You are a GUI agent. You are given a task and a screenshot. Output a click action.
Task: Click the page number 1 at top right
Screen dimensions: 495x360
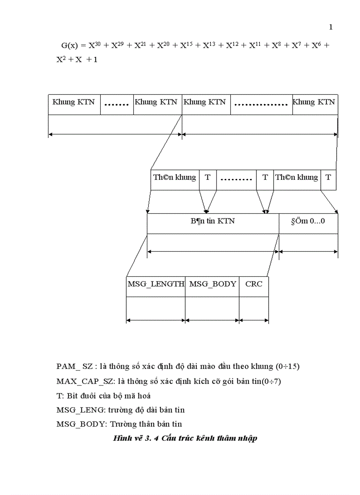331,27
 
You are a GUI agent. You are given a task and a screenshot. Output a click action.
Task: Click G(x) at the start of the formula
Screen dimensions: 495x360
69,45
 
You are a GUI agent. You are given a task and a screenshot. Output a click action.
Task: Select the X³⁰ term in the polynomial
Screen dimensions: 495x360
94,45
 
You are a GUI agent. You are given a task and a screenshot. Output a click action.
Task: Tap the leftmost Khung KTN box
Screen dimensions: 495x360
74,102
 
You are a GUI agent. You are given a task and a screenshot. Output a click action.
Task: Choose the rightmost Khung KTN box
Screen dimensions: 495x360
314,102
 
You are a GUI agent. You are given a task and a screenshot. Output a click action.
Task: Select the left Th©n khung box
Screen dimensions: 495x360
174,178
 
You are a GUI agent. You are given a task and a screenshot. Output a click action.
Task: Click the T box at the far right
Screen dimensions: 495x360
328,178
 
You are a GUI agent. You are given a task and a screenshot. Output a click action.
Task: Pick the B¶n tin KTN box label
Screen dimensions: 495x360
213,221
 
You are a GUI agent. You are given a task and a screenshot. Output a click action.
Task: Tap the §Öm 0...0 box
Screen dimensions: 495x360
308,221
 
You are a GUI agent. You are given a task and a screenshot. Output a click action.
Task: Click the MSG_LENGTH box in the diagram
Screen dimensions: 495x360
156,284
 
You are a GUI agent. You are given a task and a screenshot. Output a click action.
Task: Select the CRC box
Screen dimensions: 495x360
254,284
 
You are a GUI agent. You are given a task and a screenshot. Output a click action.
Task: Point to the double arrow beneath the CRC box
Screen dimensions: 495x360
254,320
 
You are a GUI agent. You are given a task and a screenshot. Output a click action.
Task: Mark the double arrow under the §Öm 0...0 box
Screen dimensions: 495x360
308,252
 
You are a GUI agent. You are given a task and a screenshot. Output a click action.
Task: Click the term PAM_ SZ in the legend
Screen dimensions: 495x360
75,367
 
